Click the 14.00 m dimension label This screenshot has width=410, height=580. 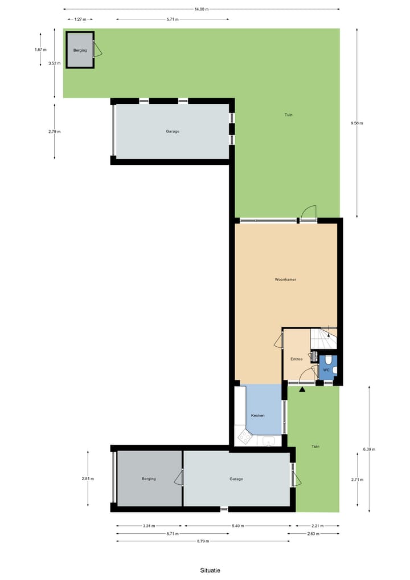pos(202,9)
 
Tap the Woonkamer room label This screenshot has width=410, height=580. pos(285,280)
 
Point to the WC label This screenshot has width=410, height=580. pos(326,370)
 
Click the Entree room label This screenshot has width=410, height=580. pos(296,359)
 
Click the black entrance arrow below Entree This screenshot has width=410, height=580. pos(302,390)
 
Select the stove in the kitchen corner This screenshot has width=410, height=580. pos(245,437)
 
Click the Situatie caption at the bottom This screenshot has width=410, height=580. pos(210,570)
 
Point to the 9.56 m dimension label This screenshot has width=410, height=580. pos(357,123)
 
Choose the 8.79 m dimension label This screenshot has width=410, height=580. pos(202,541)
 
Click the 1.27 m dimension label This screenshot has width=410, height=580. pos(80,19)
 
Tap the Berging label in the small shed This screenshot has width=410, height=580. pos(80,50)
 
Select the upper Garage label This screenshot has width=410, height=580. pos(173,131)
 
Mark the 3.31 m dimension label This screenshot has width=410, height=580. pos(149,526)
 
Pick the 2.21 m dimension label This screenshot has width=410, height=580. pos(317,526)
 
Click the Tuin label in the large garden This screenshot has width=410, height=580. pos(289,115)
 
